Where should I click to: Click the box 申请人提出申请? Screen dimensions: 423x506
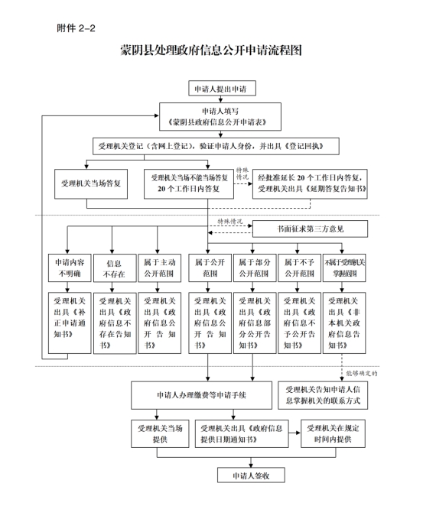click(222, 88)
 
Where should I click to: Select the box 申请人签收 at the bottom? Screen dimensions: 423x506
click(251, 475)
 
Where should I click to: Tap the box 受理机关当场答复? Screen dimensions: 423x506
click(91, 183)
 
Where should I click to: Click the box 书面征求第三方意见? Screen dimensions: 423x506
click(310, 229)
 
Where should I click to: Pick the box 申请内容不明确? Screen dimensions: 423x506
click(70, 268)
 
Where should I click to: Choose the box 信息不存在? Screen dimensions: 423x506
click(115, 268)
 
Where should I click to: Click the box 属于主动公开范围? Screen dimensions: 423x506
click(160, 268)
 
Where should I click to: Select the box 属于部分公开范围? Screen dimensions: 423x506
click(255, 268)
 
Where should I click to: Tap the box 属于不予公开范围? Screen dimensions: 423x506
click(299, 268)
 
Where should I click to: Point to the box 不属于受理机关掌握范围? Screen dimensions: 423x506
click(344, 268)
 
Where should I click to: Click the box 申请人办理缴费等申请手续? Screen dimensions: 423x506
click(201, 395)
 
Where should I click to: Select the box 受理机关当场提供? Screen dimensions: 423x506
click(160, 433)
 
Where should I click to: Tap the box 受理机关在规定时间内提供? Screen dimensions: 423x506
click(333, 433)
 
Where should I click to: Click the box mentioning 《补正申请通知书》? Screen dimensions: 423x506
click(70, 323)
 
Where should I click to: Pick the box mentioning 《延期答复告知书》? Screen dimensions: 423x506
click(310, 183)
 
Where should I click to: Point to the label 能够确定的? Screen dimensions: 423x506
click(362, 373)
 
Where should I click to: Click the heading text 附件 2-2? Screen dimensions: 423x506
click(76, 28)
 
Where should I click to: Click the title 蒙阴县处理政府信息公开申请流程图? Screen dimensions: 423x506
click(211, 50)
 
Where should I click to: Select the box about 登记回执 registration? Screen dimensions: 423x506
click(216, 146)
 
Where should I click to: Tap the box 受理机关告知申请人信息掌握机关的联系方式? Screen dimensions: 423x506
click(323, 395)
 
